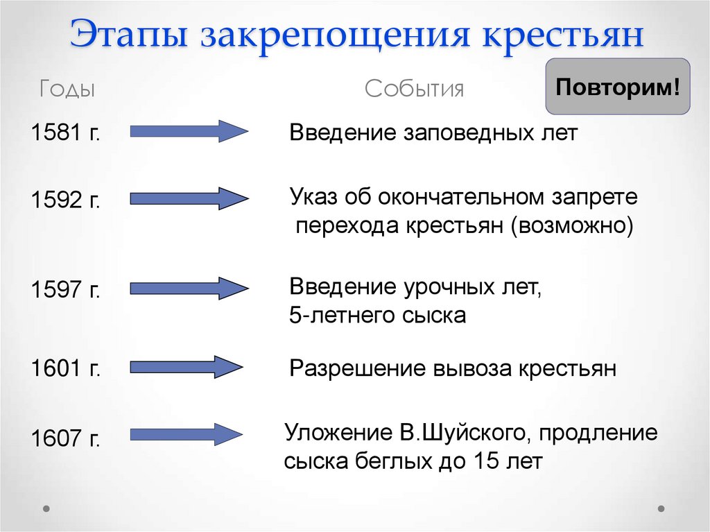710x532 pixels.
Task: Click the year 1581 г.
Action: pos(66,132)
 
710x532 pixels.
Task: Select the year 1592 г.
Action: pos(66,201)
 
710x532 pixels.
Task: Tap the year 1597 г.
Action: pos(66,290)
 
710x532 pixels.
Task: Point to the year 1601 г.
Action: pos(66,368)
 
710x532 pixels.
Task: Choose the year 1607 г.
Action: pos(66,439)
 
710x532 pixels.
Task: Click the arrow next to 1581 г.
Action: pos(189,130)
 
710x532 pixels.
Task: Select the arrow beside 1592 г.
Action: pos(189,198)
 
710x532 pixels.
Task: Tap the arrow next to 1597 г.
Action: pos(189,288)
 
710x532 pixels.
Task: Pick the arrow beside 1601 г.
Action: pos(187,366)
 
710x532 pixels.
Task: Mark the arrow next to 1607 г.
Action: pos(187,435)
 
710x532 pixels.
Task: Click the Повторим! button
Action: pos(618,87)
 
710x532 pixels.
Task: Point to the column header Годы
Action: pos(67,89)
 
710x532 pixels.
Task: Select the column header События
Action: pos(415,89)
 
